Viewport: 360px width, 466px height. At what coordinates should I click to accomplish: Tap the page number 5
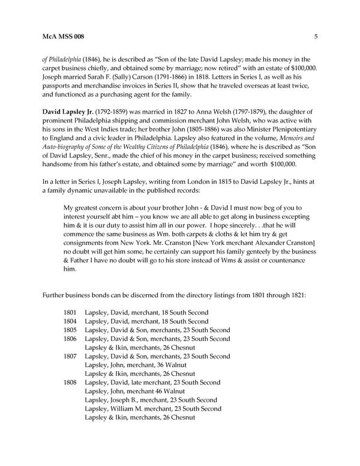click(x=316, y=38)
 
